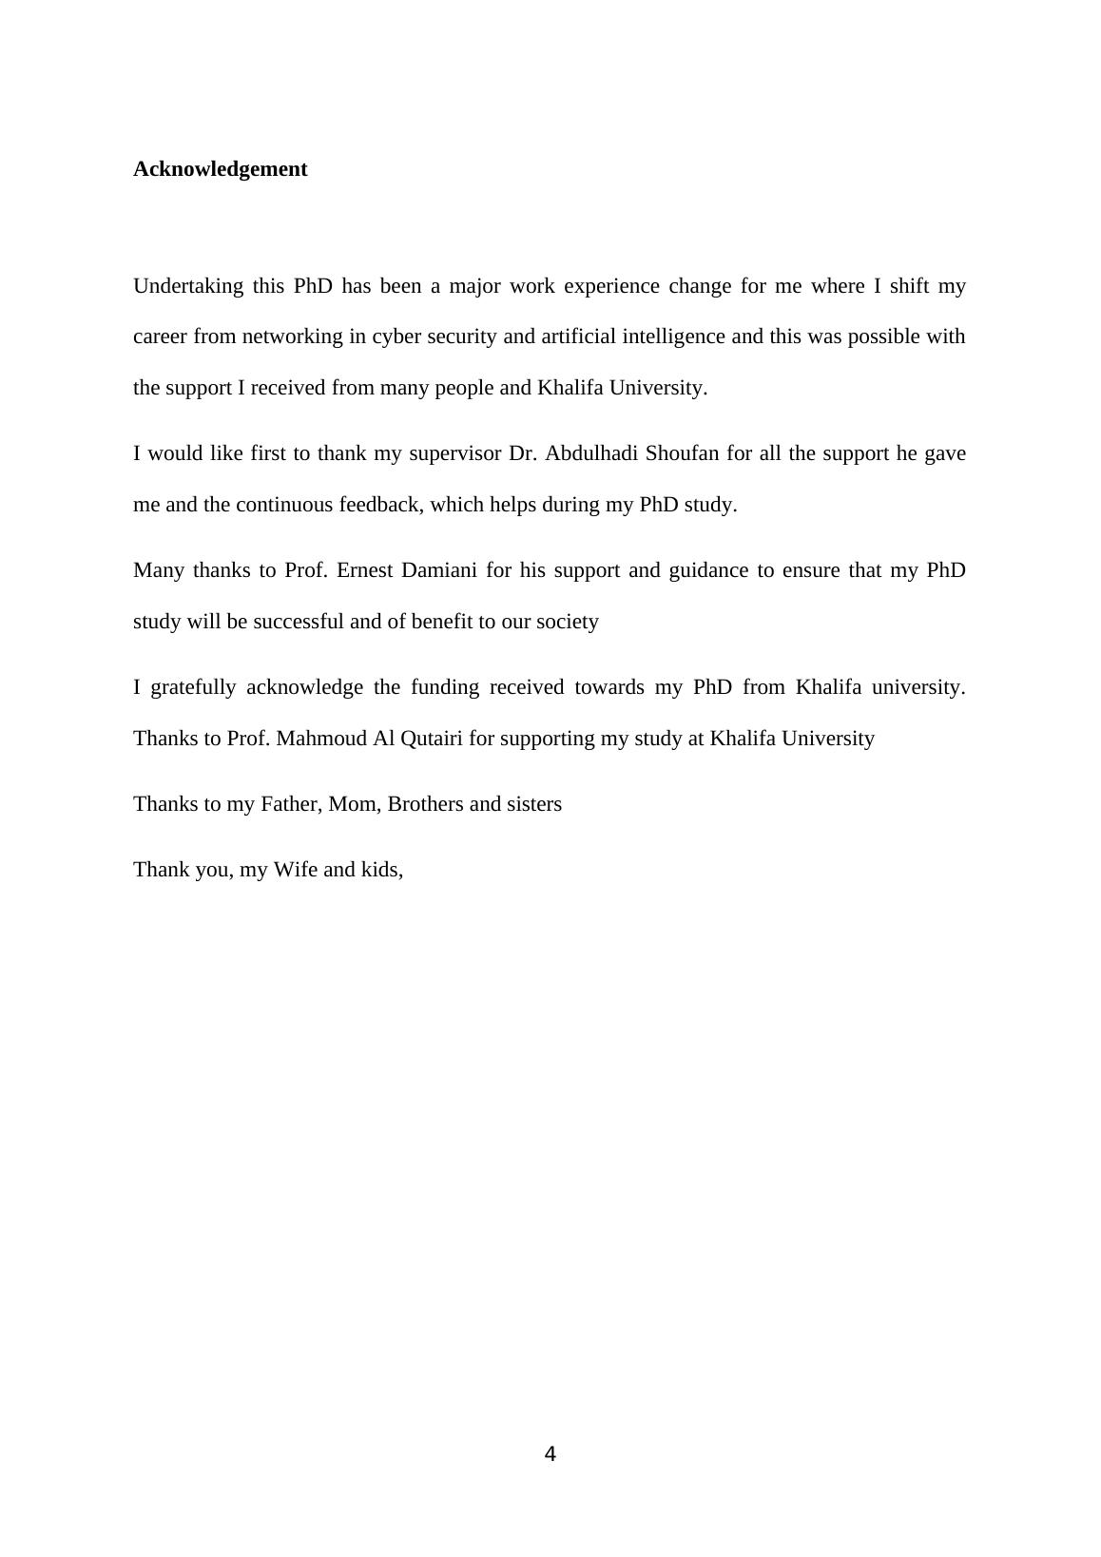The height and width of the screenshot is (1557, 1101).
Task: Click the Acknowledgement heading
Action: pyautogui.click(x=220, y=169)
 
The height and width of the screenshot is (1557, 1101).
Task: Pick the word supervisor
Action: pyautogui.click(x=454, y=453)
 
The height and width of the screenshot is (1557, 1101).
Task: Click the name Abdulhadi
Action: pyautogui.click(x=589, y=453)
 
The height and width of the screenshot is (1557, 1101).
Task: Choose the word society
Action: pyautogui.click(x=568, y=622)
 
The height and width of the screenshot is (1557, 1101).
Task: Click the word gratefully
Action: pyautogui.click(x=193, y=687)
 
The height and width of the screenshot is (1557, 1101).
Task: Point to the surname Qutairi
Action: pyautogui.click(x=432, y=739)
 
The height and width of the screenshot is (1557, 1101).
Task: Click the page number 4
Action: pyautogui.click(x=550, y=1453)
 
